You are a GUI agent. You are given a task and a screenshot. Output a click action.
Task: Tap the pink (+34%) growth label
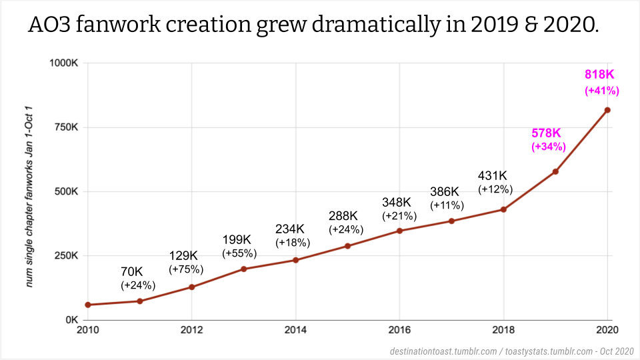(549, 147)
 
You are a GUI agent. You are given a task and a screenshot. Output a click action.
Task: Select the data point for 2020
(607, 110)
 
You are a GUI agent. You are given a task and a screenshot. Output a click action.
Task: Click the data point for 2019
(555, 171)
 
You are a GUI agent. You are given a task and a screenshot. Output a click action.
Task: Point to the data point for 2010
(88, 305)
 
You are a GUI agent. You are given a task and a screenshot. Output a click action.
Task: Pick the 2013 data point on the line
(244, 269)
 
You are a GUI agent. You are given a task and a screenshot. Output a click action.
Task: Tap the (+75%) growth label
(186, 270)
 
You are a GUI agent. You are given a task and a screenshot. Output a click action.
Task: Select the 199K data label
(238, 239)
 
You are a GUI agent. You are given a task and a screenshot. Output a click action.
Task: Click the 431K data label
(495, 176)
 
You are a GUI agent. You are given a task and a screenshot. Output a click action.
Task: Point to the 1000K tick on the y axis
(65, 63)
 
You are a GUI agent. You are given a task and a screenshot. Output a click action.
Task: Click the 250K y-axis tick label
(67, 256)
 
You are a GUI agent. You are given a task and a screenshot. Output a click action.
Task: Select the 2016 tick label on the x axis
(399, 330)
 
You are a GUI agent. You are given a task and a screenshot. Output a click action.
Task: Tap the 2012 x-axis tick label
(191, 330)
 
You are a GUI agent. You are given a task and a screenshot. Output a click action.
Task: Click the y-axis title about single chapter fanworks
(30, 196)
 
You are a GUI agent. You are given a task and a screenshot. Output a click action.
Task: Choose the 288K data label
(343, 216)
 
